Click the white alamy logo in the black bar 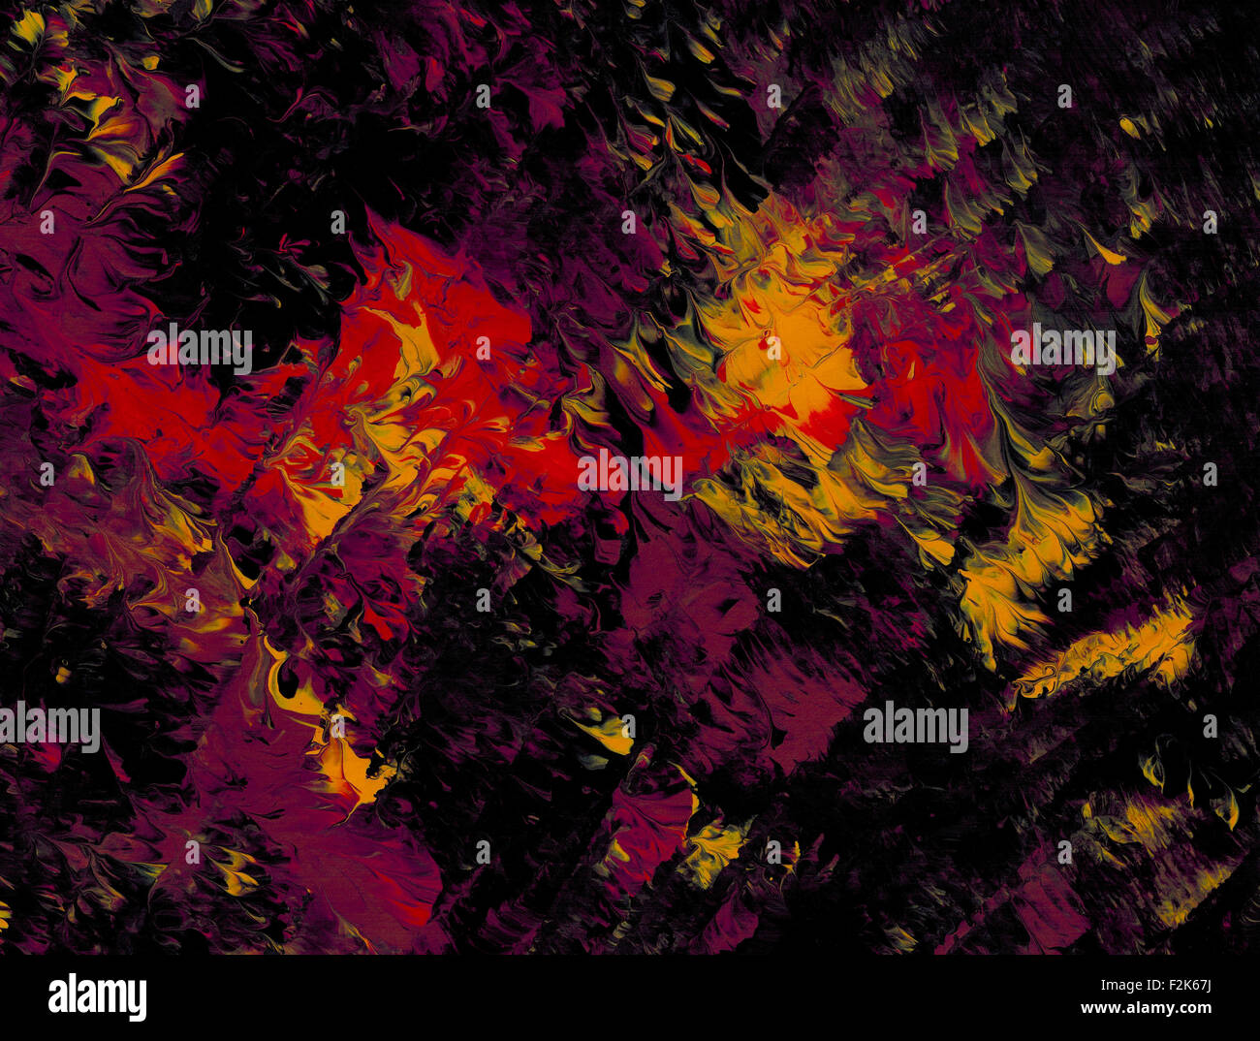[97, 996]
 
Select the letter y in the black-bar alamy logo [137, 1000]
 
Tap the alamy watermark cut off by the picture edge [48, 727]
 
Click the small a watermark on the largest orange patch [773, 346]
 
